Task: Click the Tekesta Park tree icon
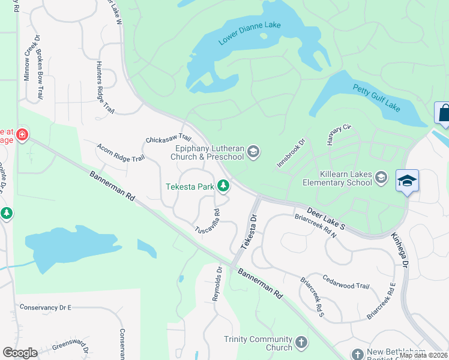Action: pos(223,187)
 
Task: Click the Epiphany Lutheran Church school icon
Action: pos(253,152)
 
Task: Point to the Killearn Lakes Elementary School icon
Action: pos(381,178)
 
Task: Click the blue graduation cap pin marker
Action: pos(407,181)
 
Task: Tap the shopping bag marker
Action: pos(443,113)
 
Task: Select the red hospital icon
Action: pos(22,134)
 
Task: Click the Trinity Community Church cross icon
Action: pos(301,343)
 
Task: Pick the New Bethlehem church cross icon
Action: pos(358,355)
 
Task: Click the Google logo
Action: pos(20,352)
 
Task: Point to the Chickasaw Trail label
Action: pos(168,139)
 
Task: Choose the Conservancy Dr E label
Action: pos(45,307)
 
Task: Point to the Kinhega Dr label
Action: pos(400,251)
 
